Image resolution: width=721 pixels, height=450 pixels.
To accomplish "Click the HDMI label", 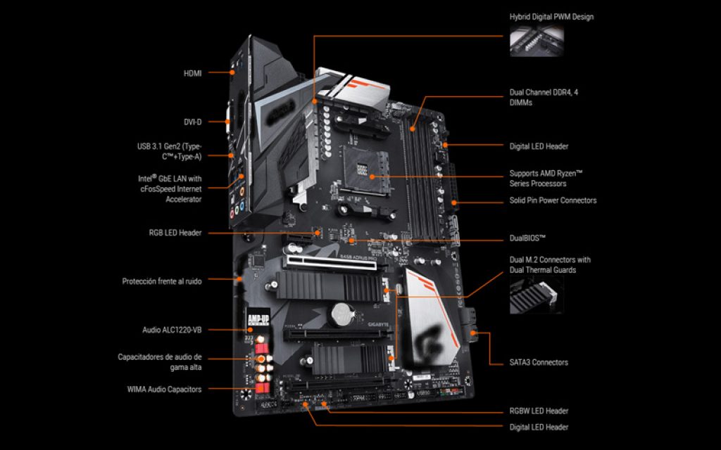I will tap(192, 72).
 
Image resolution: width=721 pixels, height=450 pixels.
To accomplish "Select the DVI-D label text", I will tap(192, 122).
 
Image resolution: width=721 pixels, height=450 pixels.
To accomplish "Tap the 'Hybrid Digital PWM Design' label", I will tap(551, 16).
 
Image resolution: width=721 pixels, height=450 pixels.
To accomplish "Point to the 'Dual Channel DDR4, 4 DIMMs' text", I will tap(544, 97).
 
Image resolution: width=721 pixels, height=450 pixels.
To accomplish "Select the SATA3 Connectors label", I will tap(539, 362).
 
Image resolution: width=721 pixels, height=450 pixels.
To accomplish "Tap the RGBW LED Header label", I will tap(539, 411).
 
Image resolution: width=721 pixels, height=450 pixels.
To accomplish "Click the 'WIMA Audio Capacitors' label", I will tap(164, 389).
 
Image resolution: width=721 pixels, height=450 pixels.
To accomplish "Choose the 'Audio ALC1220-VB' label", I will tap(172, 329).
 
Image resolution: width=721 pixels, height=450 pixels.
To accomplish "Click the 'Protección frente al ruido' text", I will tap(162, 281).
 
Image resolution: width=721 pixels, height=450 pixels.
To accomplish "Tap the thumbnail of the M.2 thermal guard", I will tap(536, 295).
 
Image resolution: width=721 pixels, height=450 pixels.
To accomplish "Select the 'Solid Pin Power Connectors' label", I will tap(553, 200).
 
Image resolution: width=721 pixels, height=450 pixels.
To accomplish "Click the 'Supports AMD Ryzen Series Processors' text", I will tap(546, 178).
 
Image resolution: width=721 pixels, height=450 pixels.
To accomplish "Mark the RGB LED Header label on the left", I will tap(175, 233).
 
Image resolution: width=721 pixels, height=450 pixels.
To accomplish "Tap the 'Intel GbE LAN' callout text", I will tap(169, 189).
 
